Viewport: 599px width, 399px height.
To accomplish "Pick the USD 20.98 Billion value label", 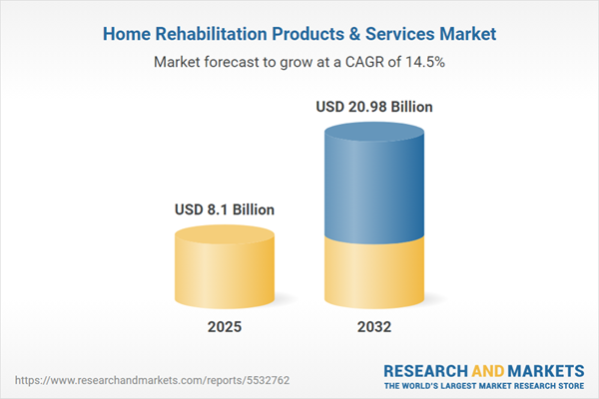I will point(375,107).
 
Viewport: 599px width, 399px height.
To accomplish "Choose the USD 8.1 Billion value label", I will point(225,210).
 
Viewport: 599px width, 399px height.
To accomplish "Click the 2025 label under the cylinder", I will point(225,327).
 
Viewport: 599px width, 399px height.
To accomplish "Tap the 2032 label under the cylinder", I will point(375,327).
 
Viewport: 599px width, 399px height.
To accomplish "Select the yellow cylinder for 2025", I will point(225,274).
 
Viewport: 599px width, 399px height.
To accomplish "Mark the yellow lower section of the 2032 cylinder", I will point(375,274).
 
